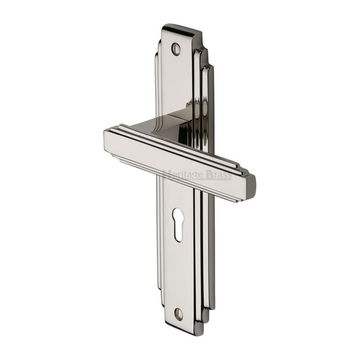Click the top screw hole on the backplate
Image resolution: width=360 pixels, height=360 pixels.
coord(176,49)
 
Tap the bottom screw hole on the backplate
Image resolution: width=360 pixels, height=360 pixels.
coord(179,313)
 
